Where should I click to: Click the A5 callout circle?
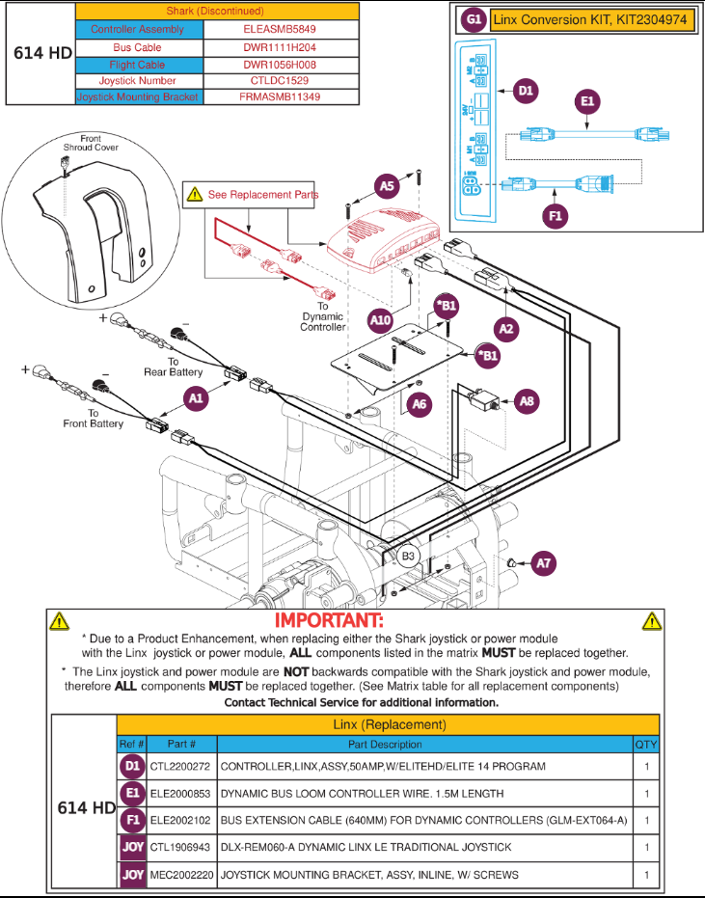click(387, 186)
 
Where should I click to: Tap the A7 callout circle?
click(544, 562)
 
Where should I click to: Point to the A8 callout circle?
click(527, 400)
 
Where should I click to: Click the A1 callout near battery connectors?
click(197, 396)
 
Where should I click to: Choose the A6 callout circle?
click(419, 405)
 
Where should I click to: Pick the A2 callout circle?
click(508, 328)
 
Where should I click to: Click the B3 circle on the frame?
click(408, 556)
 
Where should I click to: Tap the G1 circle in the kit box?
click(473, 19)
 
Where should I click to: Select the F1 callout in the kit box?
click(555, 217)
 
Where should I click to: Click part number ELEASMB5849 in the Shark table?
click(281, 30)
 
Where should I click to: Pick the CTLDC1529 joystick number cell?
click(281, 80)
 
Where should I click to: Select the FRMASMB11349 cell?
click(281, 96)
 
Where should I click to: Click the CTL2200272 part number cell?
click(180, 766)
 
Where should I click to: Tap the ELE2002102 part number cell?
click(180, 820)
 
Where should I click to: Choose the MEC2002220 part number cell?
click(180, 874)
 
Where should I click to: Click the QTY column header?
click(645, 744)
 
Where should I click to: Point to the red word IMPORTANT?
click(329, 619)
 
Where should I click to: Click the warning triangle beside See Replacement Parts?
click(194, 194)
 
